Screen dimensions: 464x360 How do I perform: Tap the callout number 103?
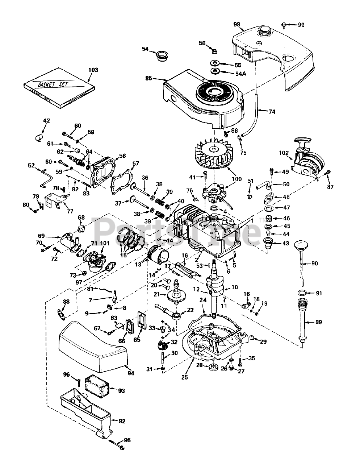[x=93, y=70]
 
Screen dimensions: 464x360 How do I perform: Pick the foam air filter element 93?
[x=97, y=386]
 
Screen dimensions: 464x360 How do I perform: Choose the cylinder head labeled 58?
[x=103, y=173]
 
